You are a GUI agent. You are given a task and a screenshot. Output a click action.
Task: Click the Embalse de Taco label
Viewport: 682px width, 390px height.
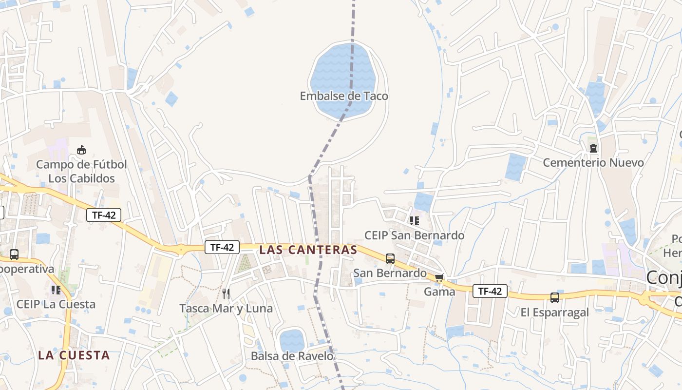(344, 96)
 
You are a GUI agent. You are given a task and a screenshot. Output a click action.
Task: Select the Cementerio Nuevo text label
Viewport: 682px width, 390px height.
(593, 162)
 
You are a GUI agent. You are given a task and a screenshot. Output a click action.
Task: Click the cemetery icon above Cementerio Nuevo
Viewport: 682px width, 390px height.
(593, 148)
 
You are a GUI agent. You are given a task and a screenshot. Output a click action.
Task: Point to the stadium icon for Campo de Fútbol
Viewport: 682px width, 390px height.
(81, 150)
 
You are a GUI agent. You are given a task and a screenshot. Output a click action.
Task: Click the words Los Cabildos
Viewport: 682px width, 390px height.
(81, 178)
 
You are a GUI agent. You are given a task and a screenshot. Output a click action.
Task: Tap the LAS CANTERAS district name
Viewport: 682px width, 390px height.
(308, 250)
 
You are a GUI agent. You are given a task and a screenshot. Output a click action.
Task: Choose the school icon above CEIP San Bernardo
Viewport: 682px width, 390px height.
(415, 221)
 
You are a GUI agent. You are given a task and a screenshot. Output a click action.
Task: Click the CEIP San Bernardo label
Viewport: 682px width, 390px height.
(415, 235)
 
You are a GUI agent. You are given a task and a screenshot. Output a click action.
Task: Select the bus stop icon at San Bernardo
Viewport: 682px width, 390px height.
(390, 259)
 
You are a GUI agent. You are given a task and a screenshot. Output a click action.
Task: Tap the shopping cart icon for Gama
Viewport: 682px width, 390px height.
(439, 278)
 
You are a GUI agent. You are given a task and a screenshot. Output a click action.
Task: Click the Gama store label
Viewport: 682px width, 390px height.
(439, 292)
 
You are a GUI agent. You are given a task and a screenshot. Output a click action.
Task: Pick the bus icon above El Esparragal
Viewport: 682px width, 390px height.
(555, 298)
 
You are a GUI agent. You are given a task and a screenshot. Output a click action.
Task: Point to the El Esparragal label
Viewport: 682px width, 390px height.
(555, 312)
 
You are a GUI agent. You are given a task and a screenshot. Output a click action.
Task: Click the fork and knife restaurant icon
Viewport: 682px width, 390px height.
(226, 293)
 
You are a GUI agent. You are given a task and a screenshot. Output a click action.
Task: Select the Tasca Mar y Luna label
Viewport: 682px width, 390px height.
(226, 309)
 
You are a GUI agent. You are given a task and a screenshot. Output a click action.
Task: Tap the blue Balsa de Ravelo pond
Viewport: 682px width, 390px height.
(292, 340)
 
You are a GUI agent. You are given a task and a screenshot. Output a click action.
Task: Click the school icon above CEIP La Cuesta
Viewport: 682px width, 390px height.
(56, 290)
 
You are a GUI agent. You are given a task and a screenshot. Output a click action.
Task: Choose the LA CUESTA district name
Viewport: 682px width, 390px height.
(74, 355)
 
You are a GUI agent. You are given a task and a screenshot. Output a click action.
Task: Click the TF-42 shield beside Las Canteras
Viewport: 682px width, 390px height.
(222, 247)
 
